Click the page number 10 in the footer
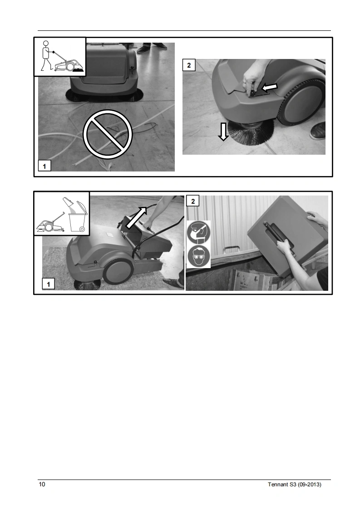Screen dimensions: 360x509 click(x=42, y=485)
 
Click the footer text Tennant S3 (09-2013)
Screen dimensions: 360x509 click(x=294, y=485)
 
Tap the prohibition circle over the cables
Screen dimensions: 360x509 click(x=108, y=134)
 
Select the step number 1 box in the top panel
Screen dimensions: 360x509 click(x=44, y=166)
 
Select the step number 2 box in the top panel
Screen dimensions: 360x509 click(x=189, y=65)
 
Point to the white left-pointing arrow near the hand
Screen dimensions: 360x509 click(x=270, y=87)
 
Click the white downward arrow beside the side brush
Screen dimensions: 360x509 click(x=223, y=132)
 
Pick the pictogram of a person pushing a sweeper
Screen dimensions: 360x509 click(x=60, y=57)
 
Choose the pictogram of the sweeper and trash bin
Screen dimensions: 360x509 click(x=62, y=213)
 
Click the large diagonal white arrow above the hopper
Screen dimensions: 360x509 click(x=137, y=217)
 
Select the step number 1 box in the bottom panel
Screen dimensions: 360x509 click(x=49, y=284)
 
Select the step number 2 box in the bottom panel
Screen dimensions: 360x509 click(x=193, y=201)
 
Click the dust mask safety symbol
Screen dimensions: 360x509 click(x=198, y=233)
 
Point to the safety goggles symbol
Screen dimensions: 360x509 click(x=198, y=256)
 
